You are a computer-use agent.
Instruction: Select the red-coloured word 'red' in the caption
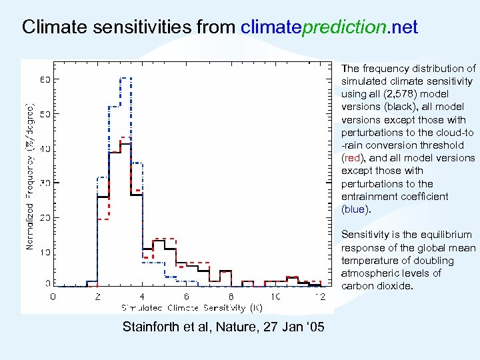pos(352,158)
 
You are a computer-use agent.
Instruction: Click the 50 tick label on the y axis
pos(45,114)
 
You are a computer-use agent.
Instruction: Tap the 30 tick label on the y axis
pos(45,183)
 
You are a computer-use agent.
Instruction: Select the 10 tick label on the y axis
pos(45,252)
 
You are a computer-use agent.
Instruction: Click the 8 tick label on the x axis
pos(231,296)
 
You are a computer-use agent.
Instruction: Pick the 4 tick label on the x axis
pos(142,296)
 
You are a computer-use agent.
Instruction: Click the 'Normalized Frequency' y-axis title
pos(29,177)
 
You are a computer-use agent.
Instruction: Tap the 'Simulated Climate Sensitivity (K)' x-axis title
pos(192,308)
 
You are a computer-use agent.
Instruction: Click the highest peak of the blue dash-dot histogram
pos(125,78)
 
